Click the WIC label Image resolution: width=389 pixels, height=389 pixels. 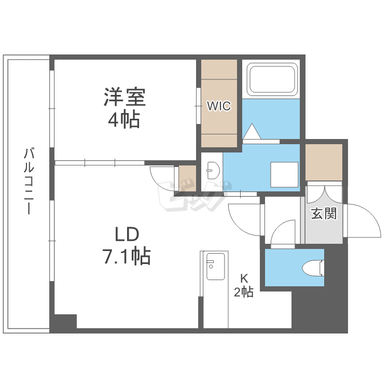219,106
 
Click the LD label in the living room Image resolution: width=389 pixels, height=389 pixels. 127,234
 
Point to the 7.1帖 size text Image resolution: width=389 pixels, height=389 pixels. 126,256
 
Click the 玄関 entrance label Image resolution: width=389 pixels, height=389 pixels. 324,214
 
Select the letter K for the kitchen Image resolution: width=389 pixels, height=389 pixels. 243,278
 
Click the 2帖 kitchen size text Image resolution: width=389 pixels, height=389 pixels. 243,293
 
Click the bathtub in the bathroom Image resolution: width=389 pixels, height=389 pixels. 272,79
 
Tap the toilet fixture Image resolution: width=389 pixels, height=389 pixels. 313,268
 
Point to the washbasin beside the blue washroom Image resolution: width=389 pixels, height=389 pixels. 212,168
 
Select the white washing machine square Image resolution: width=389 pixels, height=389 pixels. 284,174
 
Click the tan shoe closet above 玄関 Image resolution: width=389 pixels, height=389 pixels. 324,162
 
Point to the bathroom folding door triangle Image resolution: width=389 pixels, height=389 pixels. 253,132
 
